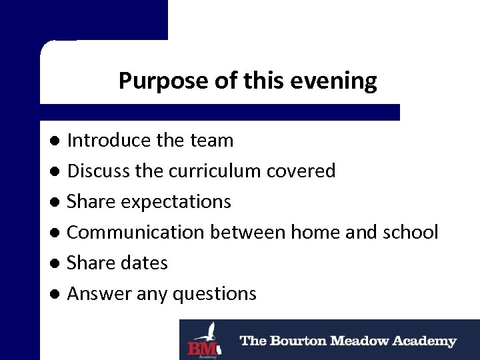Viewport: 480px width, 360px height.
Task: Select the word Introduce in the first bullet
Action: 109,141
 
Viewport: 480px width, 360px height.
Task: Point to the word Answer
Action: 98,294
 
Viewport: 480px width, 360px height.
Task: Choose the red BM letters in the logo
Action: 201,347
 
